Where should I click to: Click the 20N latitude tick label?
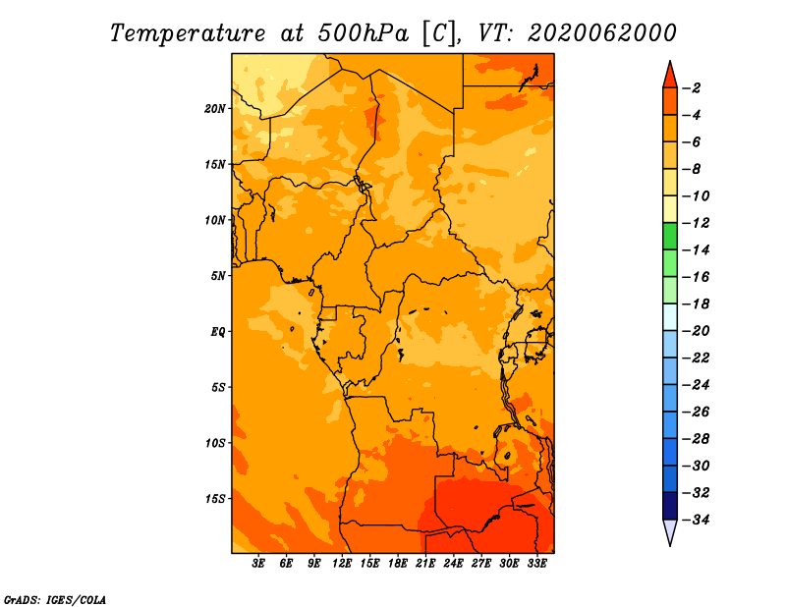tap(215, 109)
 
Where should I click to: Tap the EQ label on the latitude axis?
tap(217, 332)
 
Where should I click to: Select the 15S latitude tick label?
tap(215, 499)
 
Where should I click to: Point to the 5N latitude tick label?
tap(217, 276)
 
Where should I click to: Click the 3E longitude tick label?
tap(258, 564)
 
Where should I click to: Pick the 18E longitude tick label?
tap(398, 564)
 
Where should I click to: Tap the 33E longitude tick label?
tap(536, 564)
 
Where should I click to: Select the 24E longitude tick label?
tap(453, 564)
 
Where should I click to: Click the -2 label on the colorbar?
tap(694, 88)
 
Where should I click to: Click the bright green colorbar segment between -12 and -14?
tap(670, 237)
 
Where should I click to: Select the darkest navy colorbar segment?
tap(670, 506)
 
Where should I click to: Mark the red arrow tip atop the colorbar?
tap(670, 61)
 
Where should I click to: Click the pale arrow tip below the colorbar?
tap(670, 546)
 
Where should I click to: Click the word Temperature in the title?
tap(188, 33)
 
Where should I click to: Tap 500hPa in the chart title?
tap(363, 33)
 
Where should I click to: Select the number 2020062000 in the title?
tap(602, 33)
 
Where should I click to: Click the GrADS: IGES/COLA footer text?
tap(55, 600)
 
